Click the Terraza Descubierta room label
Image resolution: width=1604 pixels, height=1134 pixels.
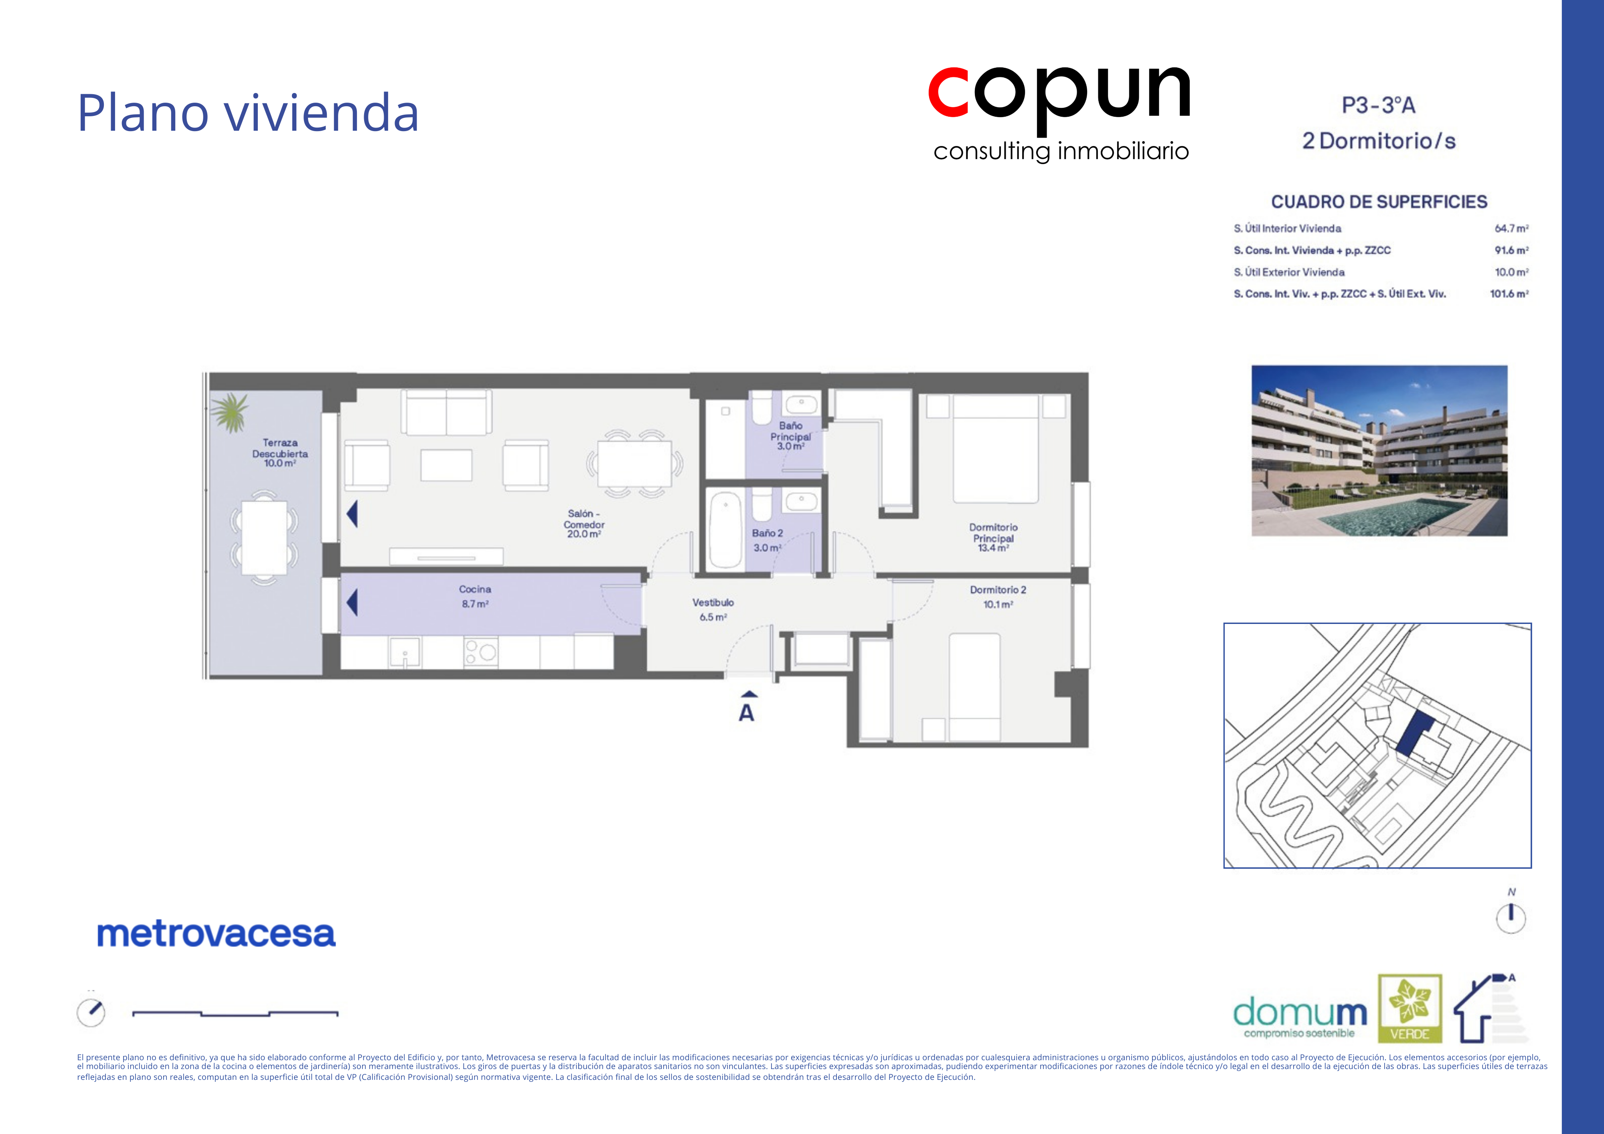tap(280, 453)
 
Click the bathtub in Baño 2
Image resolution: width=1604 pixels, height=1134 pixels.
tap(726, 529)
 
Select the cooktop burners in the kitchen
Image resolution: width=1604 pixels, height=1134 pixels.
tap(481, 652)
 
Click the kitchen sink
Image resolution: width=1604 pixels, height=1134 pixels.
tap(405, 652)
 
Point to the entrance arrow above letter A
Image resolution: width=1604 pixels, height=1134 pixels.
tap(749, 694)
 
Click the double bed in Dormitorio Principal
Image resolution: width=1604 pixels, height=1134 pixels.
tap(996, 449)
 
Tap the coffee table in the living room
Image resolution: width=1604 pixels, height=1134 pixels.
tap(446, 465)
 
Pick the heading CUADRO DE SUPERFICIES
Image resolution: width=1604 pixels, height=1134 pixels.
tap(1379, 202)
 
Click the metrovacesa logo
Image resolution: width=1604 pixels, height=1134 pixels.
tap(216, 934)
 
